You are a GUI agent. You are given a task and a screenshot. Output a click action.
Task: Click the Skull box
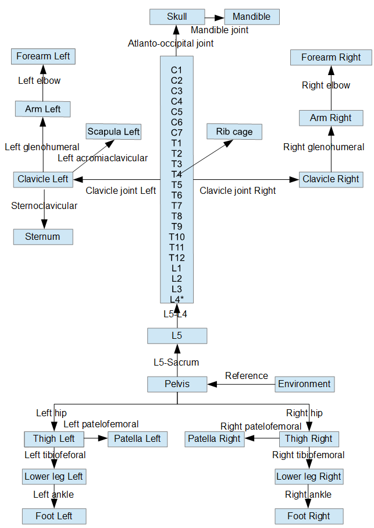point(177,16)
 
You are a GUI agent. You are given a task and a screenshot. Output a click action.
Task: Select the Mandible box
point(252,16)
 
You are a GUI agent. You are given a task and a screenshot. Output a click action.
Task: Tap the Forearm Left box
point(43,56)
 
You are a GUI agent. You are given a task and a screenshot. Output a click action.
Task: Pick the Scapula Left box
point(113,132)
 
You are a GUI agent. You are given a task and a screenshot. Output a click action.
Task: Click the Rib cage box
point(234,132)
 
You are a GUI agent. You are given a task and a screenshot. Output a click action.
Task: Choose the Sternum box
point(43,237)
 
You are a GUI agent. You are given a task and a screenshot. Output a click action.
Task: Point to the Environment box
point(304,384)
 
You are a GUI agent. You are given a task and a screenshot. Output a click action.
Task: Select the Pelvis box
point(177,384)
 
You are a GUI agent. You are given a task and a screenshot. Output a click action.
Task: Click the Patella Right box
point(214,439)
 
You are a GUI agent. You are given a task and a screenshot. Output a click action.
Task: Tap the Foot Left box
point(54,516)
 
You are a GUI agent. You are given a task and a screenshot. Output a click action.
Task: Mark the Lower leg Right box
point(309,477)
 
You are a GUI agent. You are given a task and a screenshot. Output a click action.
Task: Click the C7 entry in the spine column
point(177,133)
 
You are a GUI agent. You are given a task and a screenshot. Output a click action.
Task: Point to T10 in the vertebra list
point(177,237)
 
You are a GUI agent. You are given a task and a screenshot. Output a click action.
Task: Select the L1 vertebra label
point(177,268)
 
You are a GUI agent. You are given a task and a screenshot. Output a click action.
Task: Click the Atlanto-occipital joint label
point(170,44)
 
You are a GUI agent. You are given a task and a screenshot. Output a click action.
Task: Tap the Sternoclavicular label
point(44,205)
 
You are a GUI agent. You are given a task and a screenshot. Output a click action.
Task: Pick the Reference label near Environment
point(247,376)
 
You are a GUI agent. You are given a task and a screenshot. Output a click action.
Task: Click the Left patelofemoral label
point(101,424)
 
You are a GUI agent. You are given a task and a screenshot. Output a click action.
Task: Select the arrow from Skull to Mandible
point(215,17)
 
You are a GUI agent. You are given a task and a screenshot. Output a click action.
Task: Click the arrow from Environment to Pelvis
point(241,384)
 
